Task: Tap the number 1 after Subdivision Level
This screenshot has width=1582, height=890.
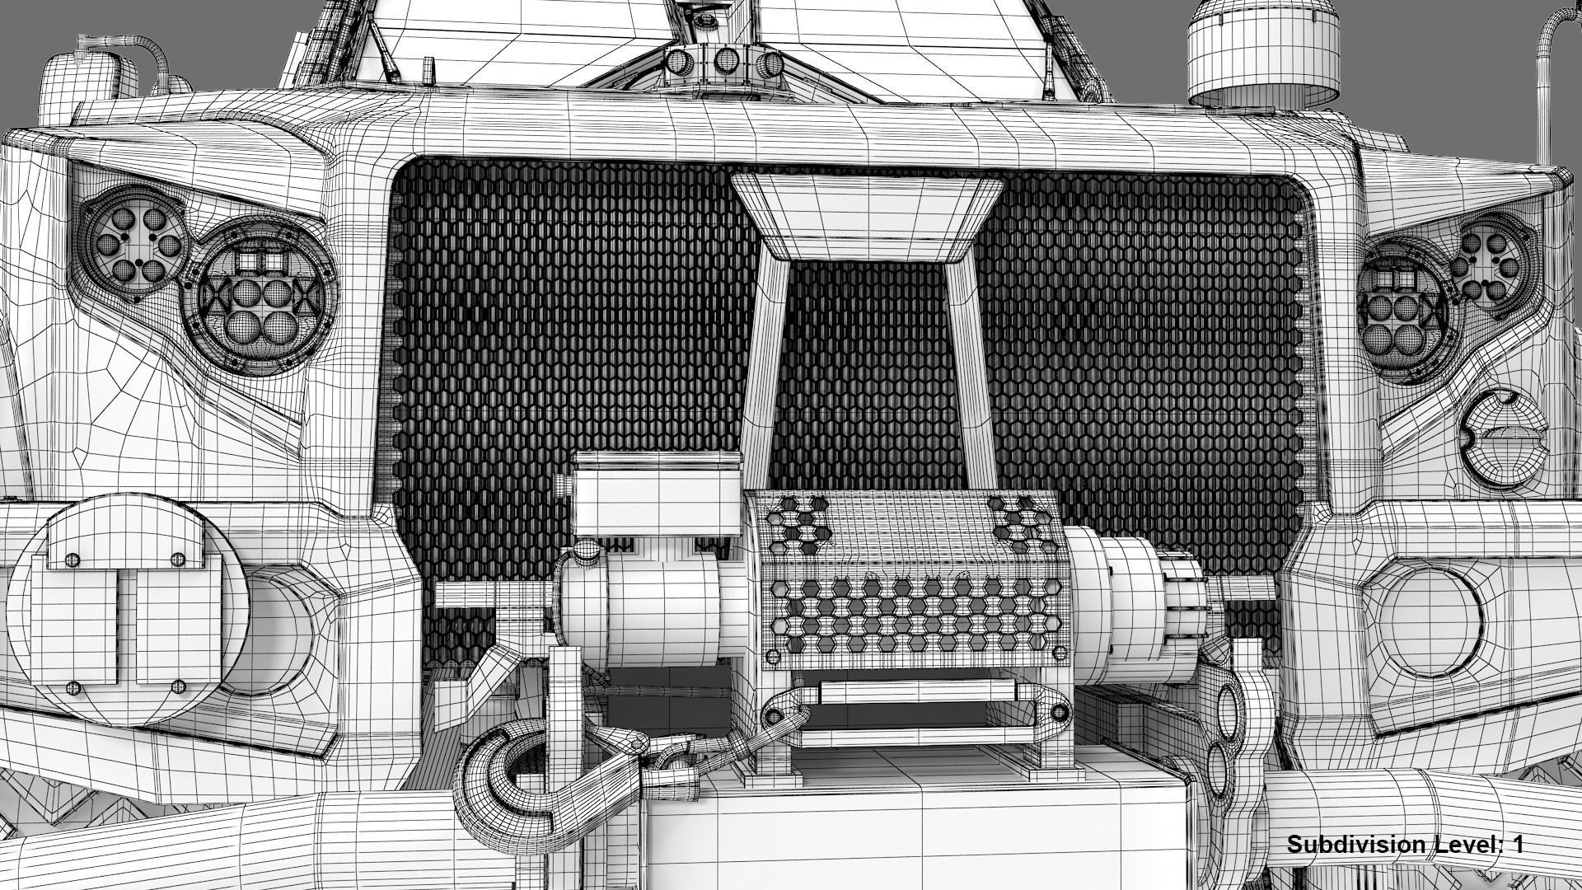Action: (x=1517, y=845)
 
